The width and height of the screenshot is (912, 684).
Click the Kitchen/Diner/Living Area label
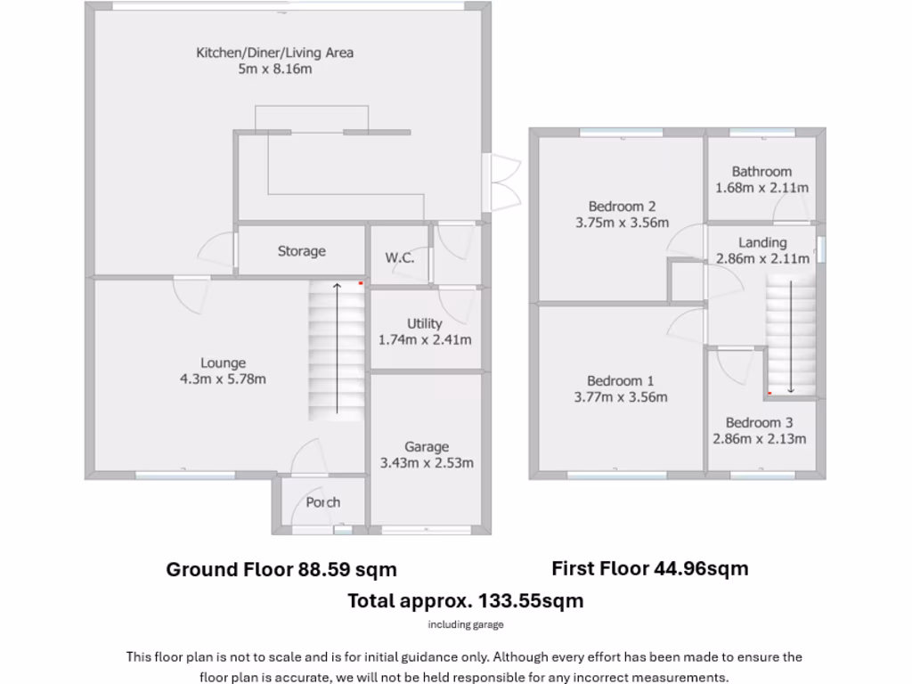[274, 53]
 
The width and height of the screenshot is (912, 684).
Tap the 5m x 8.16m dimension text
[274, 69]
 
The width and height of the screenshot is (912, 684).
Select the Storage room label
[301, 251]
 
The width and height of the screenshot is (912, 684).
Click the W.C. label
[399, 257]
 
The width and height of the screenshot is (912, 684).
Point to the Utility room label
[425, 323]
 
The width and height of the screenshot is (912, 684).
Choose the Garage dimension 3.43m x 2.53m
[427, 462]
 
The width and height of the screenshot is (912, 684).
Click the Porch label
[322, 502]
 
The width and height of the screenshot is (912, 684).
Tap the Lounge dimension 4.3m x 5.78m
[223, 379]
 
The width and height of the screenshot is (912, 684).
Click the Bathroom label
[761, 172]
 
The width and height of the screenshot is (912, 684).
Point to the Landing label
[762, 242]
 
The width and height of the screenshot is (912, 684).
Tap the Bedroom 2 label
[622, 207]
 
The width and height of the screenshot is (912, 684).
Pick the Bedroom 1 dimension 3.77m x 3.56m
[621, 397]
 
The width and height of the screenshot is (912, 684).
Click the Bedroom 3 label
[759, 422]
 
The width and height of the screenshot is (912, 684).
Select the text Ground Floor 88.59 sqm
[281, 569]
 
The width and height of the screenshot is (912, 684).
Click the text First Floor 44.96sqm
[649, 568]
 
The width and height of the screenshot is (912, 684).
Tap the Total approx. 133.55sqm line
[465, 600]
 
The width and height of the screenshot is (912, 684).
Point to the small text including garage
[465, 624]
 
